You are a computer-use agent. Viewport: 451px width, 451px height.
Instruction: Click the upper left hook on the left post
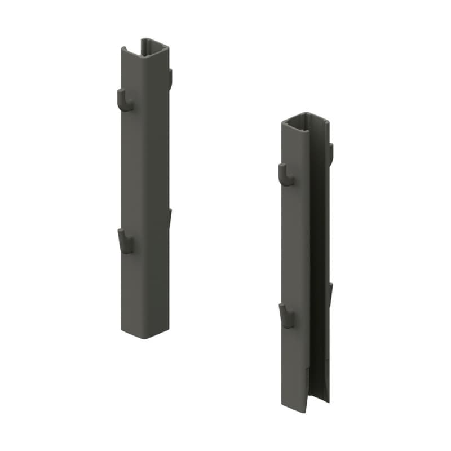pos(123,100)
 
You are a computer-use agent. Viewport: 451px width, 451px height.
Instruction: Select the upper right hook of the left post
pos(170,79)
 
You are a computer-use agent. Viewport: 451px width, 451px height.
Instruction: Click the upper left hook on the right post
pos(286,174)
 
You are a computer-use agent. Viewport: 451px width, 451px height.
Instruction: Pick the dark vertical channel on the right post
pos(319,254)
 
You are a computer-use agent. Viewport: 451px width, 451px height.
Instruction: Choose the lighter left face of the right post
pos(295,254)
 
